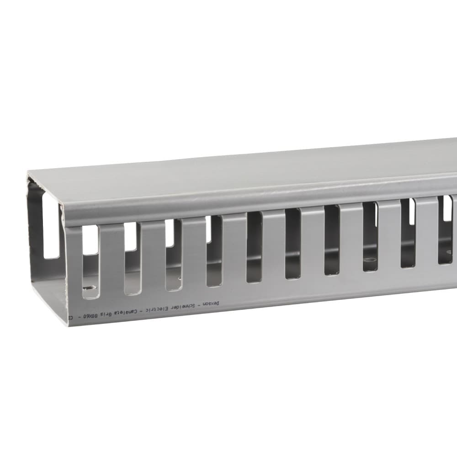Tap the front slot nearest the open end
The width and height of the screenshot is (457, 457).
click(90, 260)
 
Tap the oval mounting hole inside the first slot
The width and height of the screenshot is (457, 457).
click(90, 288)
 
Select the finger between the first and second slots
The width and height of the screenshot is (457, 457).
click(111, 260)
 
